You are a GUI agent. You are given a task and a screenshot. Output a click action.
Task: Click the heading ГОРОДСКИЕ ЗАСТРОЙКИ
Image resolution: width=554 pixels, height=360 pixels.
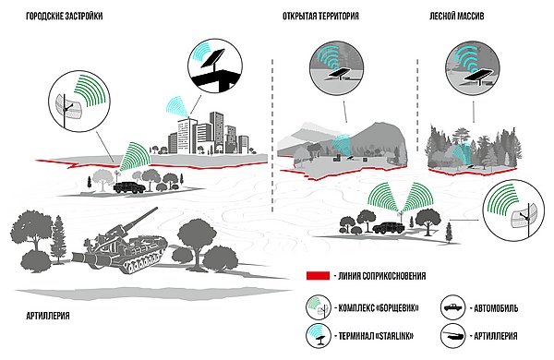[x=65, y=17]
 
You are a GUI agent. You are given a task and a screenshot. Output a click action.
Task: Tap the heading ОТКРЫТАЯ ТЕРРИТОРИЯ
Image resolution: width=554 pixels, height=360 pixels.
[x=320, y=17]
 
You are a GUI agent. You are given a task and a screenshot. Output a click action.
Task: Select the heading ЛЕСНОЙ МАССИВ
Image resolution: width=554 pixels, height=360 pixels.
[x=456, y=17]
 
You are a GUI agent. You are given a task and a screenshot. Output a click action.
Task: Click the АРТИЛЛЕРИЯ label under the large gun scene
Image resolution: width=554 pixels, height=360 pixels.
[x=48, y=316]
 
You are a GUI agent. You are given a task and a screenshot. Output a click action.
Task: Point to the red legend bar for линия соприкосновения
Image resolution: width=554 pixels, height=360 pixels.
[x=318, y=276]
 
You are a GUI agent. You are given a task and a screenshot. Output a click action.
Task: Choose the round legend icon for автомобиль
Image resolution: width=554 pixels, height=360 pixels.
[x=453, y=307]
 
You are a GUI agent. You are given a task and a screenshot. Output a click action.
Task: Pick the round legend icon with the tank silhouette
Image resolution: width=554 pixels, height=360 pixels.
[x=453, y=336]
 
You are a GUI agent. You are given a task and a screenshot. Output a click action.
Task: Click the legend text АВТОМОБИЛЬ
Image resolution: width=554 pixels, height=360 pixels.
[x=496, y=308]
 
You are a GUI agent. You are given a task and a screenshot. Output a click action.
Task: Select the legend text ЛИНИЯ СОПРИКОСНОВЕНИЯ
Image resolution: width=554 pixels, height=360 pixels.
[x=382, y=276]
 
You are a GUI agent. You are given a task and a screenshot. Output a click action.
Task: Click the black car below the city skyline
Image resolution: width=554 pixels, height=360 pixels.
[x=129, y=187]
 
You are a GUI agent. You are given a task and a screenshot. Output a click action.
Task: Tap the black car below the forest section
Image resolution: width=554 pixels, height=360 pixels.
[x=389, y=227]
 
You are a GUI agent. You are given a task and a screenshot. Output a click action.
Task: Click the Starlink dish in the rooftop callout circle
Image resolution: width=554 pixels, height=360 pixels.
[x=213, y=58]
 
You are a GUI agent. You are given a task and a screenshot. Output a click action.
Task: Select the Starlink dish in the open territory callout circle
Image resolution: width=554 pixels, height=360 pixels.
[x=339, y=74]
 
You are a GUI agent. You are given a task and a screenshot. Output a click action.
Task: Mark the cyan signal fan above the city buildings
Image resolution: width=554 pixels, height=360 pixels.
[x=178, y=105]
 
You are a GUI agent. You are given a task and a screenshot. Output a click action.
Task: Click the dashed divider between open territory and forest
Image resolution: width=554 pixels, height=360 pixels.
[x=417, y=105]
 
